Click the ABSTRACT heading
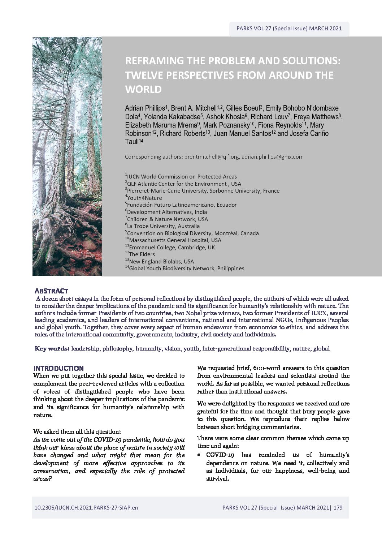pyautogui.click(x=51, y=291)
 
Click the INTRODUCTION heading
pyautogui.click(x=58, y=368)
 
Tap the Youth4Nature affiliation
pyautogui.click(x=144, y=198)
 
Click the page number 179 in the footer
pyautogui.click(x=338, y=508)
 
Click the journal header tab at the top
pyautogui.click(x=289, y=29)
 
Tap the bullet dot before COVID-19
pyautogui.click(x=200, y=455)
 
